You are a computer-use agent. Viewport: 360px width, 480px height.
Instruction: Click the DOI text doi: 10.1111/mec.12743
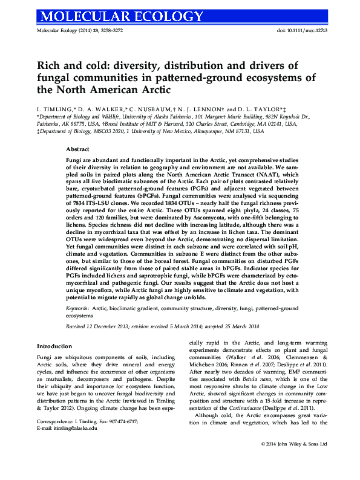tap(294, 30)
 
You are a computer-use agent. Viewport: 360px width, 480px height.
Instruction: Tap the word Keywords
tap(78, 308)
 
